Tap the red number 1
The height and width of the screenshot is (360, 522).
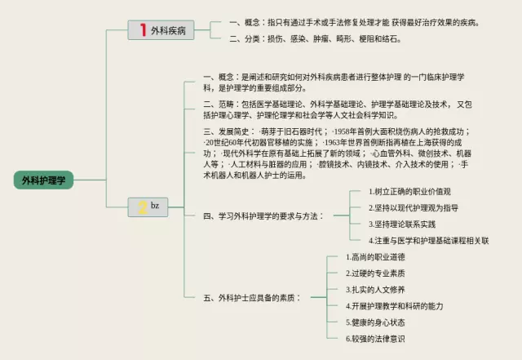[x=143, y=30]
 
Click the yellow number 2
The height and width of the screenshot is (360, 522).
[x=142, y=206]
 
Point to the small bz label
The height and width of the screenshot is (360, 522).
[x=155, y=205]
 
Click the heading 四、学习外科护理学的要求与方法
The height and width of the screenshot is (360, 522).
[x=263, y=216]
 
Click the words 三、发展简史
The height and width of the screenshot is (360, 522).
[x=228, y=131]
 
